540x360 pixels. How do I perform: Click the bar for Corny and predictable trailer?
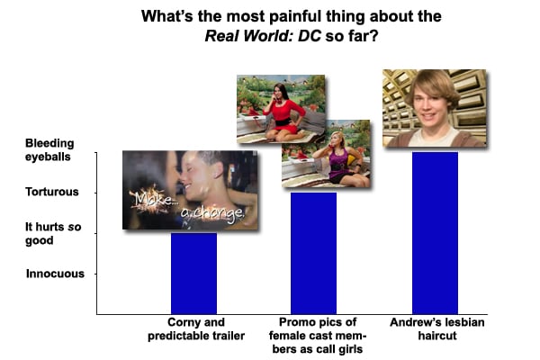pyautogui.click(x=193, y=274)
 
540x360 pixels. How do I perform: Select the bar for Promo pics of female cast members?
pyautogui.click(x=313, y=253)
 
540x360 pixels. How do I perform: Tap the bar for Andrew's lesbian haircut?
pyautogui.click(x=435, y=233)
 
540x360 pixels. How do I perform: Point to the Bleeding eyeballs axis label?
pyautogui.click(x=49, y=150)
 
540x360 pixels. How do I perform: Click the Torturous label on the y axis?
pyautogui.click(x=52, y=192)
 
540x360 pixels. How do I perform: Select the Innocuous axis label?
pyautogui.click(x=55, y=274)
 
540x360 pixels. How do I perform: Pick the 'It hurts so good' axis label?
pyautogui.click(x=53, y=233)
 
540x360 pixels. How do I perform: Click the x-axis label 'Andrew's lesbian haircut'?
pyautogui.click(x=437, y=328)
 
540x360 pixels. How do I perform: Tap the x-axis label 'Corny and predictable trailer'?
pyautogui.click(x=196, y=328)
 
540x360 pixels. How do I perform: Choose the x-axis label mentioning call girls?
pyautogui.click(x=318, y=335)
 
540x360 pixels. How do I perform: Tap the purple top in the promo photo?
pyautogui.click(x=337, y=163)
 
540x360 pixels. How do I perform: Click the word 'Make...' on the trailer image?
pyautogui.click(x=152, y=199)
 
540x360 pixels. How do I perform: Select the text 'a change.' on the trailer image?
pyautogui.click(x=212, y=212)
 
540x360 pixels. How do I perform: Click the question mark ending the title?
pyautogui.click(x=373, y=36)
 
